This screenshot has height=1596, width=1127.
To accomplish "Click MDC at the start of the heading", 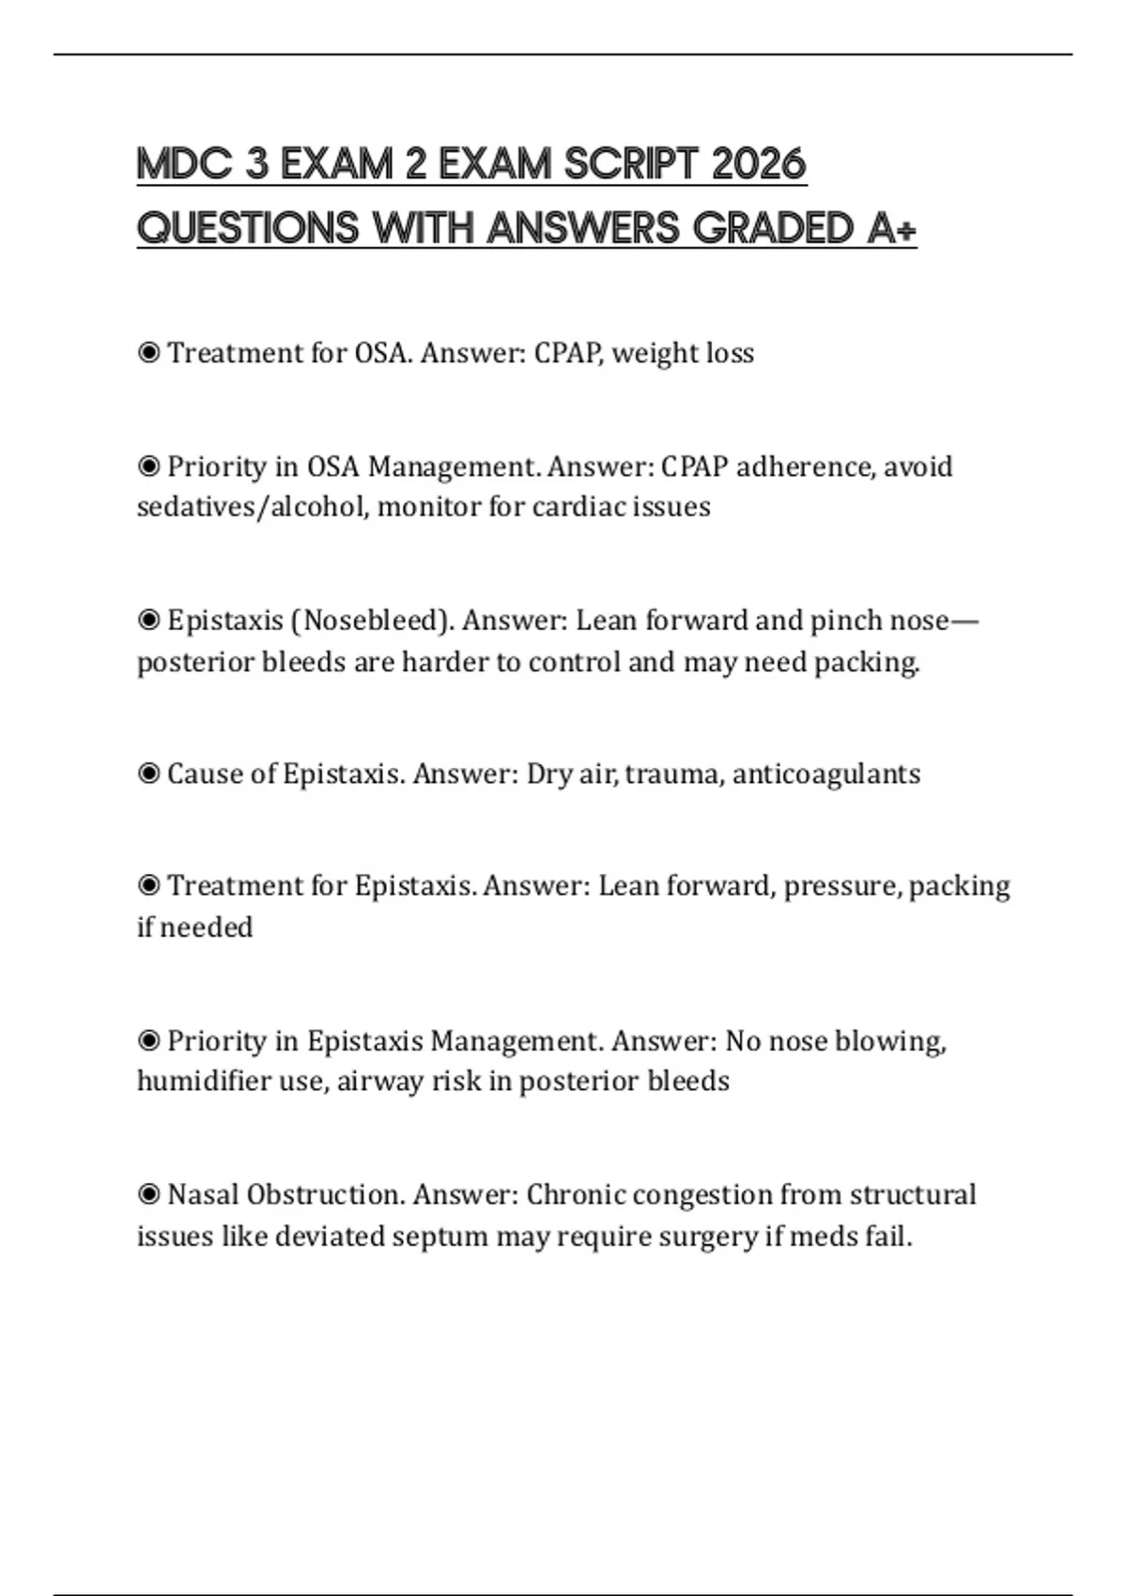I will pos(184,164).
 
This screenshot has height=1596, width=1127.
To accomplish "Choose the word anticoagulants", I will pos(826,774).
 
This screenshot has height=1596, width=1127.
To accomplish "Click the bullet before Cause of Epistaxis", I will pos(148,774).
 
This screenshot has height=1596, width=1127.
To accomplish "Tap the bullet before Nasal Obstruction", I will pos(148,1195).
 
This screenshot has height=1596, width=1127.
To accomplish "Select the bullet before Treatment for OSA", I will pos(148,353).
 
